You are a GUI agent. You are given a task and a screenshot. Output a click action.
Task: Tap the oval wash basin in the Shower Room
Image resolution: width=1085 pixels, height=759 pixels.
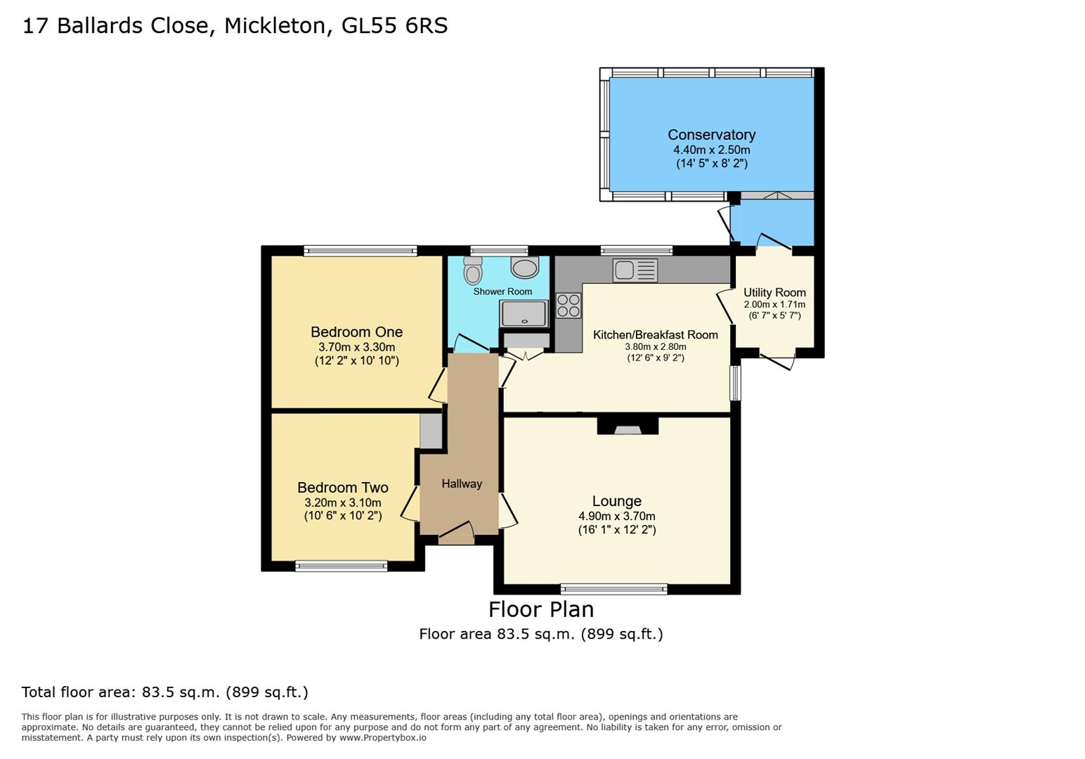[x=524, y=267]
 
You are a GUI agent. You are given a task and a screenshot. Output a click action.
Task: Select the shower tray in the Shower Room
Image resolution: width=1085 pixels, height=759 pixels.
[x=524, y=313]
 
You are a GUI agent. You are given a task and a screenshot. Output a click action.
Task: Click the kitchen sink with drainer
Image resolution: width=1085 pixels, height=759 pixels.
[x=635, y=271]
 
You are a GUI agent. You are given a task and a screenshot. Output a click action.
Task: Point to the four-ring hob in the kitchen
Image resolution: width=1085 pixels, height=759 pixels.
[x=569, y=306]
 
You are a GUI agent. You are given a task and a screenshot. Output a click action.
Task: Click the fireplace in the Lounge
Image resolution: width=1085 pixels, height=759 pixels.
[x=628, y=427]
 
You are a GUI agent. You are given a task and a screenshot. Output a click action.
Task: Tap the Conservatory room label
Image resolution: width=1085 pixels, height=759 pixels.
[x=711, y=135]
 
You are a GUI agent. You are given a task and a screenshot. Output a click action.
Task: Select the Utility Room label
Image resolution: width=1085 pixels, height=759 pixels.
[x=774, y=292]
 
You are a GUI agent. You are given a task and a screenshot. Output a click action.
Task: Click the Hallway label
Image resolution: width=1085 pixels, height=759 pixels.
[x=462, y=484]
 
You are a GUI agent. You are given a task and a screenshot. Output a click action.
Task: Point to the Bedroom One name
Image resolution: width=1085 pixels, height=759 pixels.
[x=356, y=332]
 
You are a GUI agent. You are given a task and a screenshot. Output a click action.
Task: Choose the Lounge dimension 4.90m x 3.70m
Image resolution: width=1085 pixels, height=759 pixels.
[x=616, y=516]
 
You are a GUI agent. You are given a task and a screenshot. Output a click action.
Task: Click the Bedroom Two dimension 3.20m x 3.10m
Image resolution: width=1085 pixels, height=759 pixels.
[x=342, y=502]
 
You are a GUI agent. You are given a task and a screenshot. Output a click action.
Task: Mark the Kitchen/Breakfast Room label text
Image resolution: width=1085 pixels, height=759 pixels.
[x=655, y=335]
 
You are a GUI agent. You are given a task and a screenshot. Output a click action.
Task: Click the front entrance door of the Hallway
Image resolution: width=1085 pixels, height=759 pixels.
[x=457, y=538]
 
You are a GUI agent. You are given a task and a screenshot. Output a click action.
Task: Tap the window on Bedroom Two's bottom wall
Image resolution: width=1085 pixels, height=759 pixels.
[x=342, y=566]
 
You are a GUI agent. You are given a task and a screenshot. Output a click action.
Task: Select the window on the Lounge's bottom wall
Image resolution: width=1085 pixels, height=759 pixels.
[x=613, y=589]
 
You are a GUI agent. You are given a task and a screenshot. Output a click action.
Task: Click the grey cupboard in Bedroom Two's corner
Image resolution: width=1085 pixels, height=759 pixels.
[x=431, y=430]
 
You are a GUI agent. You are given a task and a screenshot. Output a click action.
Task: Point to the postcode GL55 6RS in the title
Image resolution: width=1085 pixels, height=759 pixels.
[x=394, y=26]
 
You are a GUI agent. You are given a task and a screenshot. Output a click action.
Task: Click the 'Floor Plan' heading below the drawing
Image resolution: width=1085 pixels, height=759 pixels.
[x=540, y=609]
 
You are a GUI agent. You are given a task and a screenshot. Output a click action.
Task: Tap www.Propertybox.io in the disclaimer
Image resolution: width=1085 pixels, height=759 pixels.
[x=382, y=738]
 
